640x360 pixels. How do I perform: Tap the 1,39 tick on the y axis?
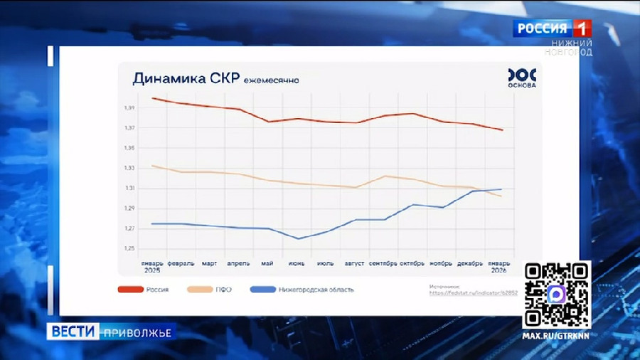pyautogui.click(x=129, y=108)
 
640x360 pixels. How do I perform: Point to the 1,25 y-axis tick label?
pyautogui.click(x=129, y=248)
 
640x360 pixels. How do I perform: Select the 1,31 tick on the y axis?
pyautogui.click(x=129, y=188)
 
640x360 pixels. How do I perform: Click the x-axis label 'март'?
pyautogui.click(x=209, y=263)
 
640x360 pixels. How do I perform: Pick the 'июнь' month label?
pyautogui.click(x=297, y=263)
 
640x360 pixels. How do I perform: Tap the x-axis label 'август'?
pyautogui.click(x=355, y=263)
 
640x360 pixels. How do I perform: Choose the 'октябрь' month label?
pyautogui.click(x=412, y=263)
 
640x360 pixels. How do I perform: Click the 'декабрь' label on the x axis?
pyautogui.click(x=470, y=263)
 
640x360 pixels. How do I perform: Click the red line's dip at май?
pyautogui.click(x=268, y=122)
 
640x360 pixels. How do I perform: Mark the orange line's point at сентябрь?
pyautogui.click(x=385, y=176)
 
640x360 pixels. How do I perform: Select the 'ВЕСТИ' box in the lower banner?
pyautogui.click(x=74, y=332)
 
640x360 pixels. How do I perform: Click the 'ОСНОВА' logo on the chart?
pyautogui.click(x=522, y=78)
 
